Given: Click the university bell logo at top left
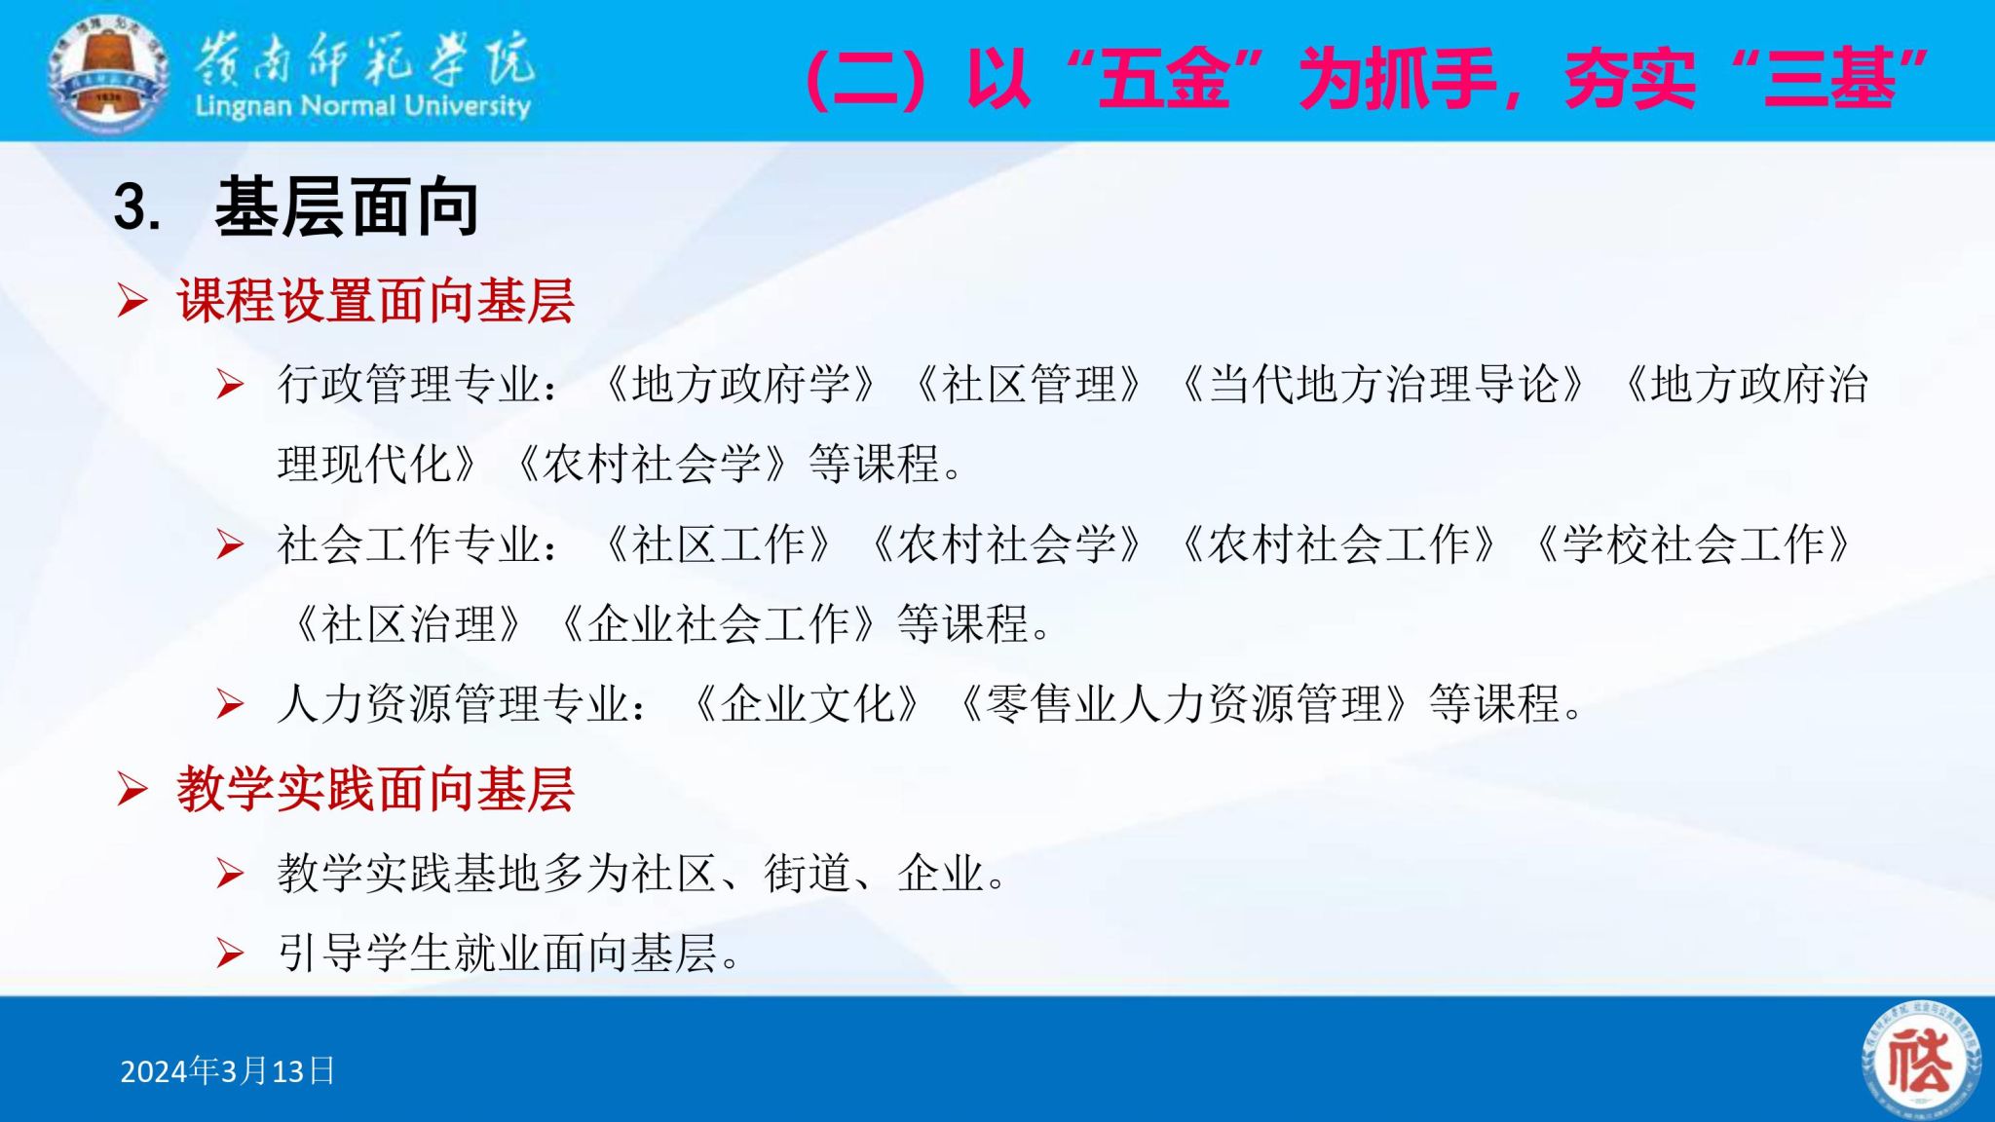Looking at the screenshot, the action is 108,72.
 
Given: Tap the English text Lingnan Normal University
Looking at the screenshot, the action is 362,105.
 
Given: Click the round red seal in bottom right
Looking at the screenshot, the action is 1921,1060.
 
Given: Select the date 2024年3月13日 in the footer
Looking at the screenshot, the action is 227,1070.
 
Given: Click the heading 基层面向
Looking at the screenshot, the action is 347,207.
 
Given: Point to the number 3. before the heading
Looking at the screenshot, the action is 137,207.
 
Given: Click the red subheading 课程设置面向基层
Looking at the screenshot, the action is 375,300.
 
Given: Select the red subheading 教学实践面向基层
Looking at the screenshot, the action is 375,789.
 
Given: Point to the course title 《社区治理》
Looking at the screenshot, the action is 409,624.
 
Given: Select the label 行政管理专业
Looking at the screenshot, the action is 409,385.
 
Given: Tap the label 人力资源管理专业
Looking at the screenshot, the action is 453,703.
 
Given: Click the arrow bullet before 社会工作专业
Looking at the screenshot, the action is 230,544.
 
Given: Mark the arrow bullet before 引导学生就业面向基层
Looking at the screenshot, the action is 230,953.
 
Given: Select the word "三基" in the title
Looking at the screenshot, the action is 1831,78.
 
